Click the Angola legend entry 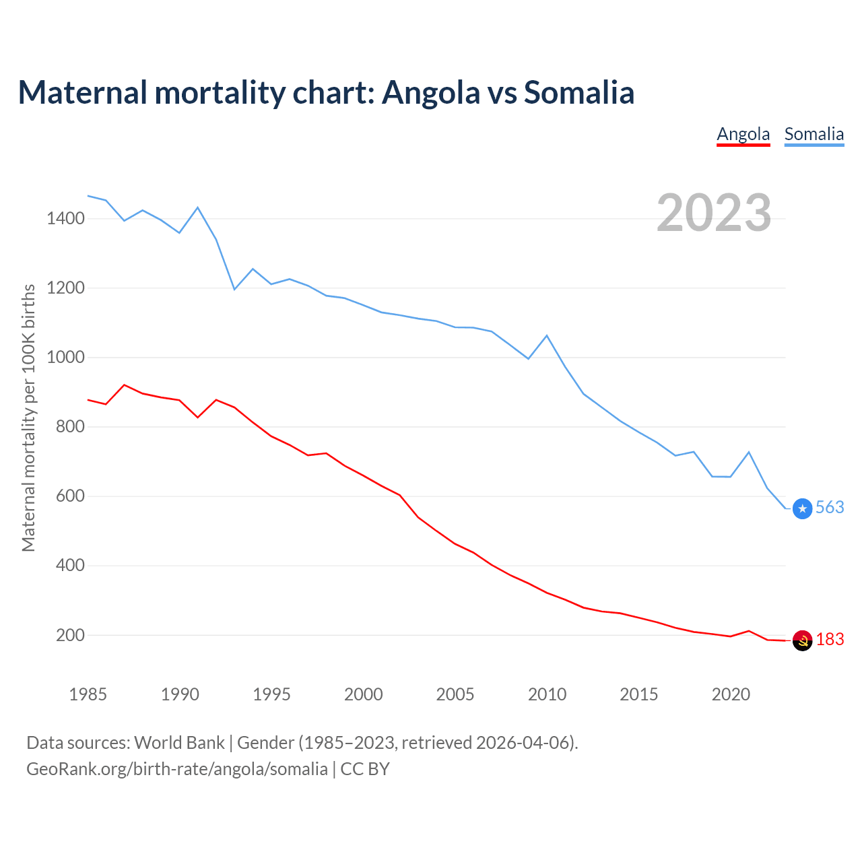[x=743, y=134]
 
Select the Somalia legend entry [x=814, y=134]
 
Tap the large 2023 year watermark [x=714, y=213]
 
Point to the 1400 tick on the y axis [x=65, y=218]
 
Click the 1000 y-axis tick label [x=65, y=357]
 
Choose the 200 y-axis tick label [x=70, y=635]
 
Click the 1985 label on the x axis [x=88, y=694]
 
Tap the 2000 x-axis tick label [x=363, y=694]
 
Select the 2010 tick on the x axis [x=547, y=694]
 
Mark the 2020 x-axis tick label [x=731, y=694]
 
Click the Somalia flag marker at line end [x=802, y=508]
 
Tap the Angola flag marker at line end [x=802, y=641]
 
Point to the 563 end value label [x=830, y=508]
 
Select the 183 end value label [x=830, y=640]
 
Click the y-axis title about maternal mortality [x=28, y=418]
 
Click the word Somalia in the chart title [x=579, y=92]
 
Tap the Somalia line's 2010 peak [x=547, y=335]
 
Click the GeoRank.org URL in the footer [x=177, y=769]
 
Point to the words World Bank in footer [x=179, y=743]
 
